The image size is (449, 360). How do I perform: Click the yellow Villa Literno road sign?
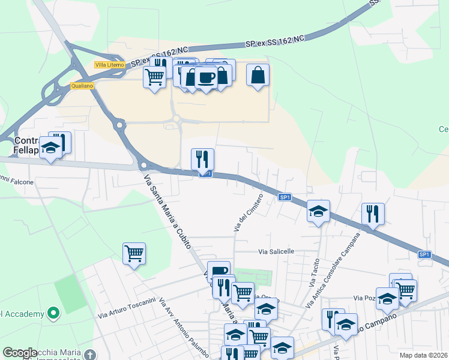click(109, 64)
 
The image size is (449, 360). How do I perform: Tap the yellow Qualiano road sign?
click(82, 86)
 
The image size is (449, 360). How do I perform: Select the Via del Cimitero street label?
click(248, 213)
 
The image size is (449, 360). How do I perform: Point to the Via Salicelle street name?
click(276, 251)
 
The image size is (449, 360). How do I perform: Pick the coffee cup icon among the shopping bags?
click(206, 77)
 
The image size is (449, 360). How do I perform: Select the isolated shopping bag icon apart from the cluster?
click(258, 75)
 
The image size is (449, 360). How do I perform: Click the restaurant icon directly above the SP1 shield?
click(202, 159)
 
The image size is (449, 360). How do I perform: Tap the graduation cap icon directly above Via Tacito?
click(319, 211)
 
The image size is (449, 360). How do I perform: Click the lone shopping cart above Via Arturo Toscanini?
click(134, 253)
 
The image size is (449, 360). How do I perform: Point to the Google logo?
click(20, 353)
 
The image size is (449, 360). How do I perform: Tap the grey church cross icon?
click(90, 355)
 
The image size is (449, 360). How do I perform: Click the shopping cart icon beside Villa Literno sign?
click(155, 77)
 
